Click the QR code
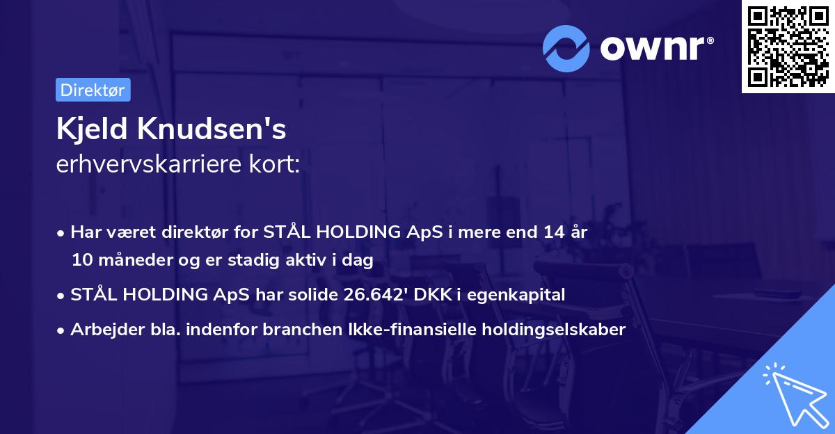coord(788,47)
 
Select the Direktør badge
coord(93,90)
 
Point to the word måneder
coord(129,261)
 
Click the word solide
coord(313,295)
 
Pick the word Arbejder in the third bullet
coord(101,330)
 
